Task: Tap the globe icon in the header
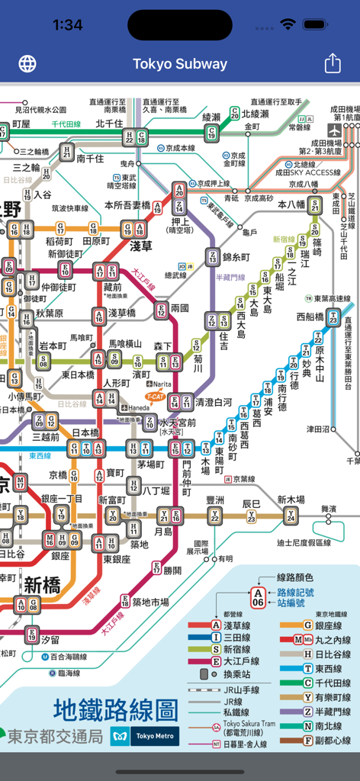point(27,63)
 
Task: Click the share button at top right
point(333,63)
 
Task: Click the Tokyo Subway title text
point(180,64)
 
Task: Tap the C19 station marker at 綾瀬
point(212,133)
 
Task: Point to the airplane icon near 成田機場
point(333,129)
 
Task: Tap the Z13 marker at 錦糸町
point(212,258)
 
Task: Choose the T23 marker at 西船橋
point(333,319)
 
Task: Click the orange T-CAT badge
point(156,396)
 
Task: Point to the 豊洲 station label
point(215,500)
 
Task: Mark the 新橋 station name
point(43,585)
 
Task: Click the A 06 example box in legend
point(259,597)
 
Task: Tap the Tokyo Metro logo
point(146,736)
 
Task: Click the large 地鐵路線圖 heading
point(114,710)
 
